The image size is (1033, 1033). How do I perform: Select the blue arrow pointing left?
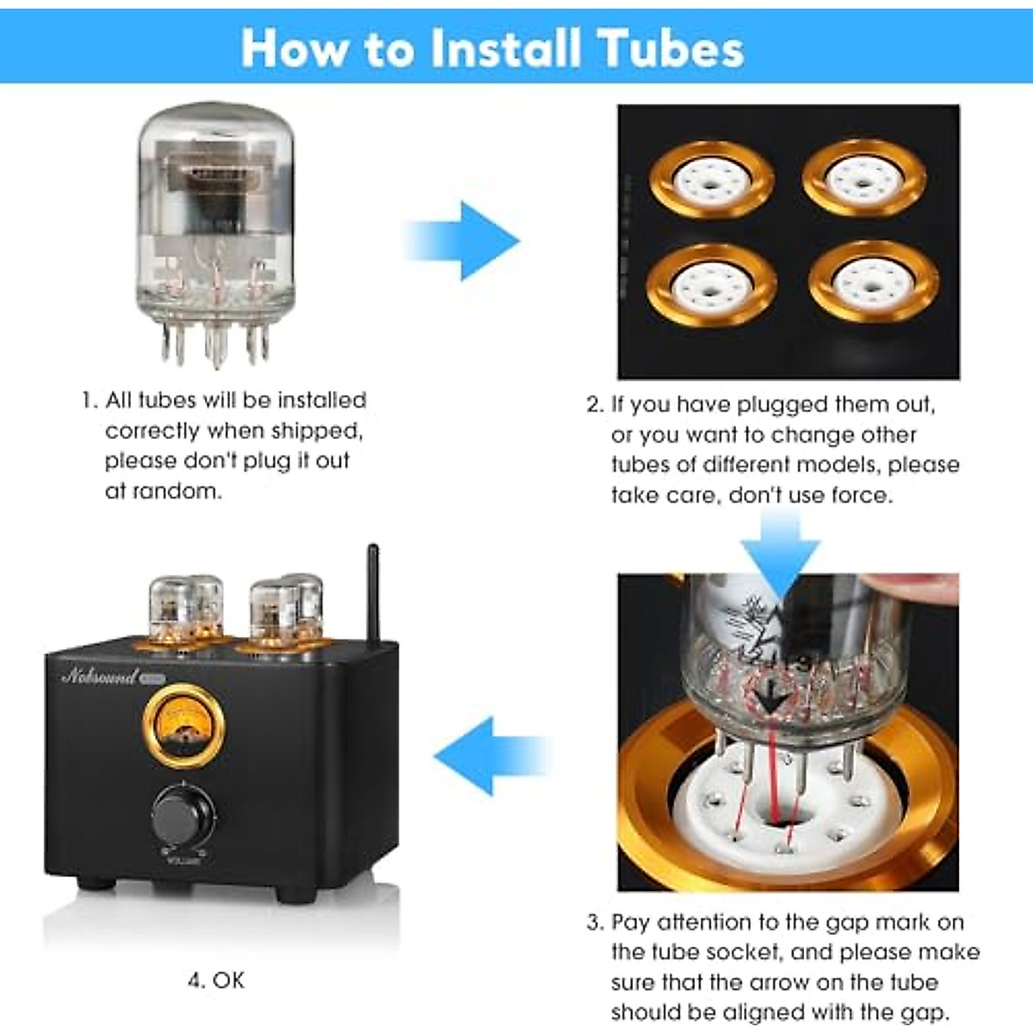click(491, 756)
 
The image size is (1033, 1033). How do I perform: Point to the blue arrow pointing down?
click(780, 551)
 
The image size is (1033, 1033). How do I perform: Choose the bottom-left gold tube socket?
click(711, 284)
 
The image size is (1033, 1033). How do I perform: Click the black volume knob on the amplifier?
click(182, 815)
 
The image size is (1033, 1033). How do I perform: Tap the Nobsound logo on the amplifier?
click(100, 677)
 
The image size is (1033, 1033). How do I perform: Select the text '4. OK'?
click(216, 980)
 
